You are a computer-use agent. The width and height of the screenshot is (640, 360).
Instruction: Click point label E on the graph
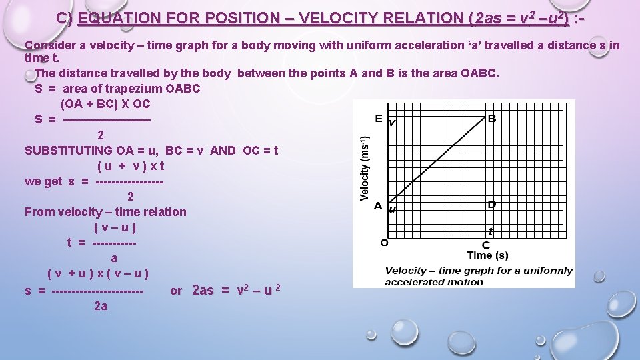(379, 119)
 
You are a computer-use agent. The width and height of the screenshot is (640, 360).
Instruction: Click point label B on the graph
(492, 119)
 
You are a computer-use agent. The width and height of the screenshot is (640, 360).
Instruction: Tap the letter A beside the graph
(378, 205)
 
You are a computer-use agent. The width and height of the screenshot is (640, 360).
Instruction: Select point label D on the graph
(492, 204)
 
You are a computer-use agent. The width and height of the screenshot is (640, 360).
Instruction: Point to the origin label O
(384, 243)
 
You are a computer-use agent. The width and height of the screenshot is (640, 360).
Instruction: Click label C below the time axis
(486, 245)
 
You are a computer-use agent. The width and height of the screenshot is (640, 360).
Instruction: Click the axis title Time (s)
(487, 255)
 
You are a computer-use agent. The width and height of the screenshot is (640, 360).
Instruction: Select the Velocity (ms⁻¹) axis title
(365, 167)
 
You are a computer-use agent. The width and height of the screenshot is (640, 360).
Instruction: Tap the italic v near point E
(392, 123)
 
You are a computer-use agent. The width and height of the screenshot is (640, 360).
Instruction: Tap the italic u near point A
(392, 209)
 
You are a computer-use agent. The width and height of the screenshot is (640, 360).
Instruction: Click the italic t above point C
(491, 231)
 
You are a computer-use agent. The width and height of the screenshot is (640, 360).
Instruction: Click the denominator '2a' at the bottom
(101, 306)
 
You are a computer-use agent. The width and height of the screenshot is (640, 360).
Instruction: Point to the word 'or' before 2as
(176, 291)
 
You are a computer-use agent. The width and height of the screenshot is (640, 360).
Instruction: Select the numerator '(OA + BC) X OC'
(105, 104)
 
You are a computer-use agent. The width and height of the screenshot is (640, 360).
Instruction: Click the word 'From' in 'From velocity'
(38, 212)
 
